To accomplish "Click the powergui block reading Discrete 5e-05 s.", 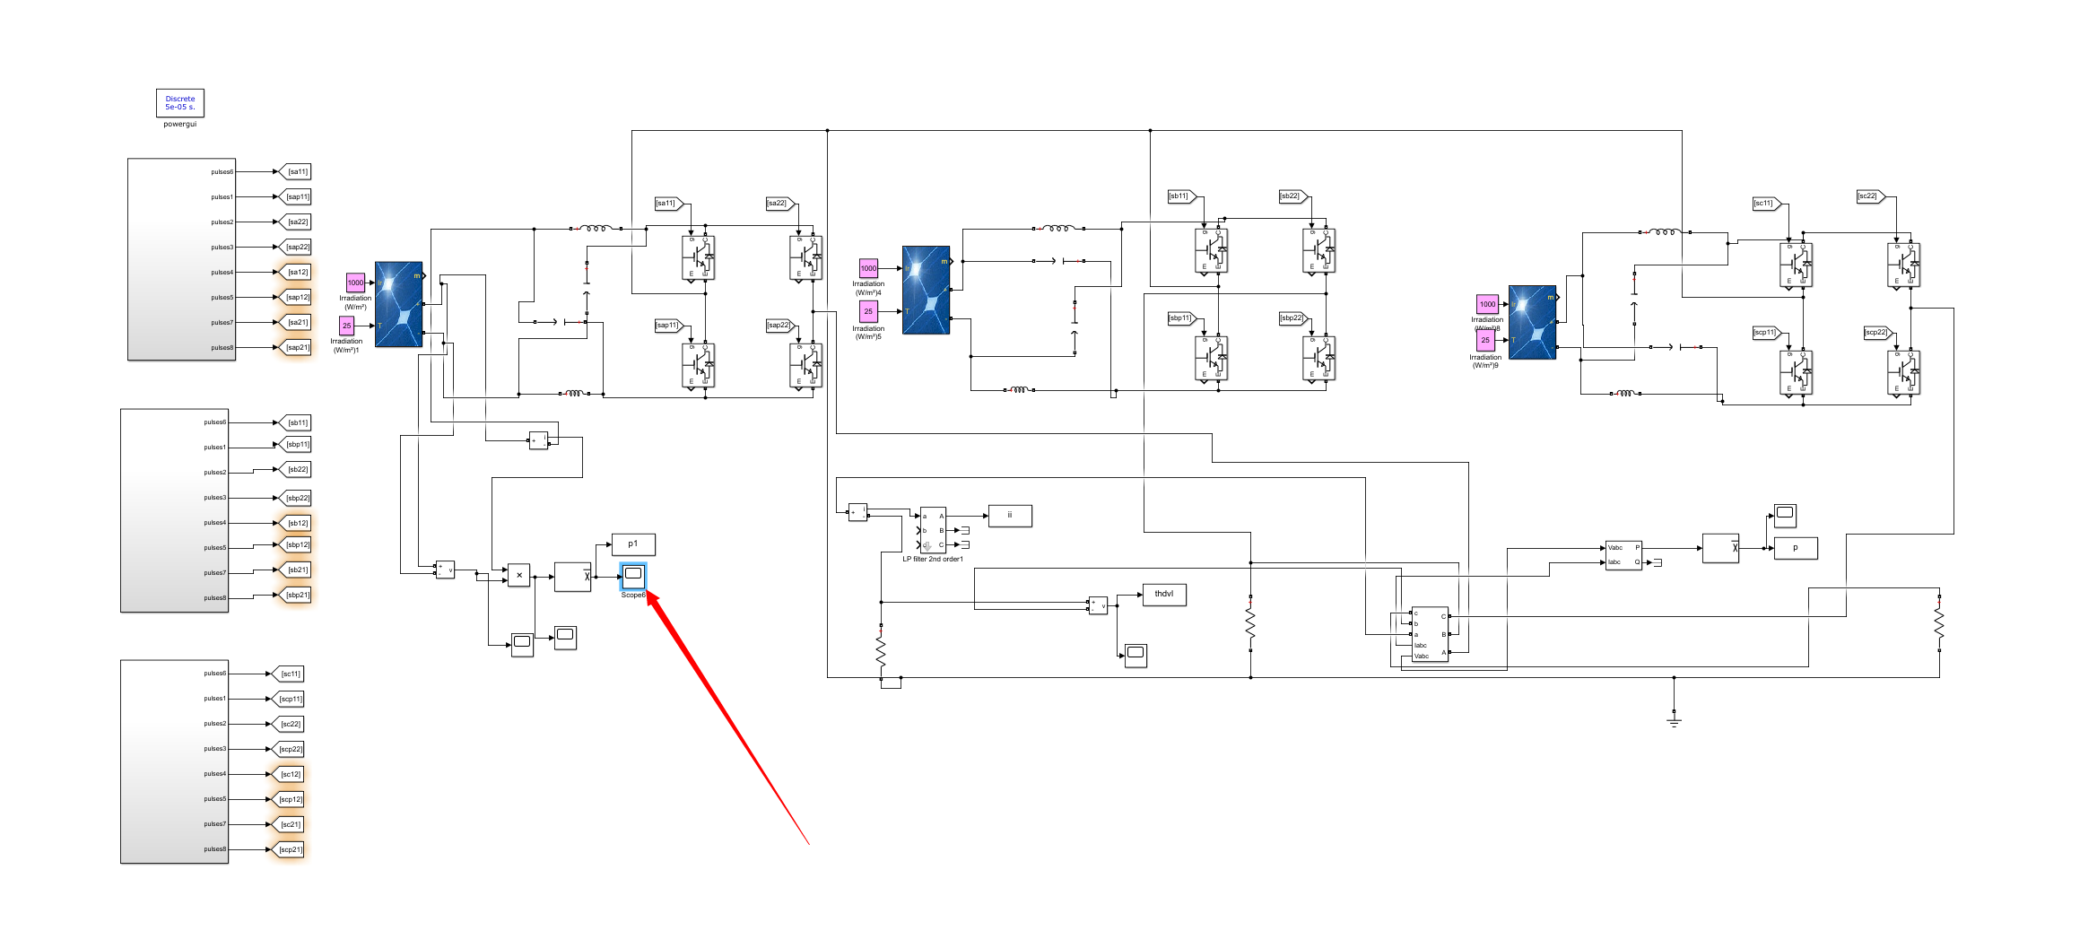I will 179,103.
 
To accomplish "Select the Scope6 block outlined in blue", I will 633,575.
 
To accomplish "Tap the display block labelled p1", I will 633,544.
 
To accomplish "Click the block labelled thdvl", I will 1164,594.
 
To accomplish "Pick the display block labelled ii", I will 1009,515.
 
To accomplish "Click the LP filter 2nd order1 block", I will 933,530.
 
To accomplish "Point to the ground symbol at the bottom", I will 1674,719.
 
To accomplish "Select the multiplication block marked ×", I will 518,576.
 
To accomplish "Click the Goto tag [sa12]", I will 297,272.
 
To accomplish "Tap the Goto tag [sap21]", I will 297,347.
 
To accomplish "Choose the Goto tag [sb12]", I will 297,523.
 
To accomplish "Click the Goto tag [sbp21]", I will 297,595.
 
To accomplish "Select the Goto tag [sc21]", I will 290,824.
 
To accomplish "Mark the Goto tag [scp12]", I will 290,799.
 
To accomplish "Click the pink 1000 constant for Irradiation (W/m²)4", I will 868,268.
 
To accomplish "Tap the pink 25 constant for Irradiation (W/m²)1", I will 346,326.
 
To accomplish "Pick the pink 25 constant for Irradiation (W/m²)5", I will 868,311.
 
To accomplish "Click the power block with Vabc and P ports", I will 1623,554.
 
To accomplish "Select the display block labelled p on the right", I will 1796,548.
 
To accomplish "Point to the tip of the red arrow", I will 648,590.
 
